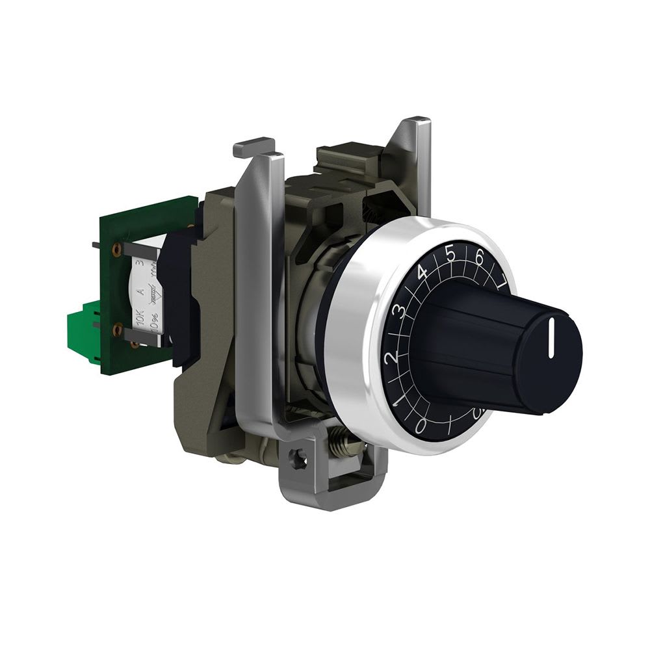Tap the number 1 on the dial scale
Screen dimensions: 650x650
[398, 395]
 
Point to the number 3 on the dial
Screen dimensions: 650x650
[402, 310]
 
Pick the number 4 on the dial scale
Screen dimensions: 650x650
[422, 273]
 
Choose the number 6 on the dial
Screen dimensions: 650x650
[480, 257]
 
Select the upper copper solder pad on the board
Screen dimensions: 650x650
[118, 249]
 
